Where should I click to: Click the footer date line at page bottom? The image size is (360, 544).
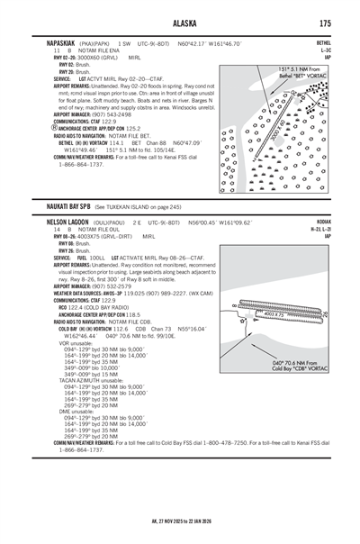[x=180, y=520]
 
